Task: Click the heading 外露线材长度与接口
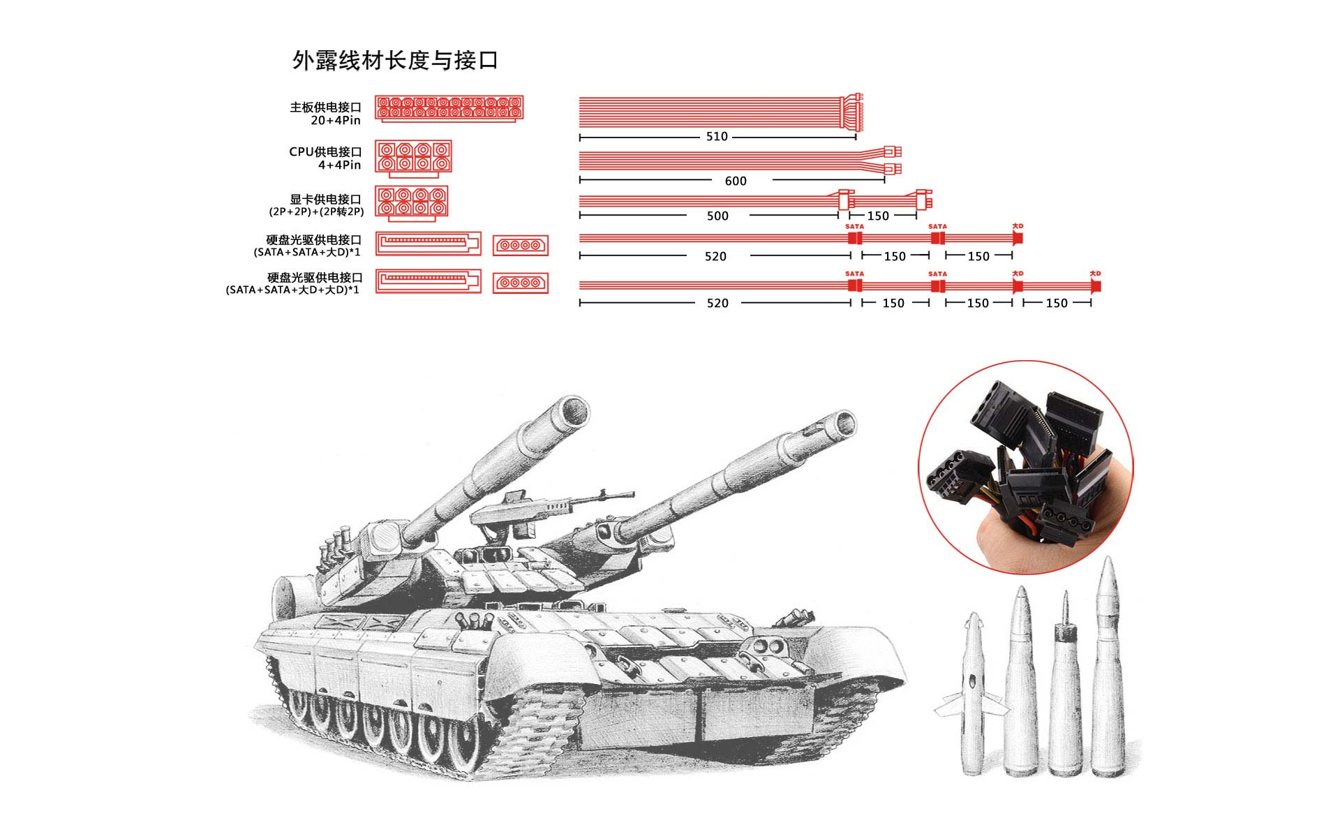click(x=395, y=61)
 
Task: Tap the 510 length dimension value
click(x=717, y=137)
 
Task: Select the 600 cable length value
click(x=736, y=181)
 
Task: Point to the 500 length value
click(x=717, y=216)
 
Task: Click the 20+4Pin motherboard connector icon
click(x=449, y=109)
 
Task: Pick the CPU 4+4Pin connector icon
click(x=413, y=157)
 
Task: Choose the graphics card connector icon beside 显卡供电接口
click(x=411, y=202)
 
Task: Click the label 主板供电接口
click(x=325, y=107)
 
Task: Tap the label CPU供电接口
click(x=325, y=152)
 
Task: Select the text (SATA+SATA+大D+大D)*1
click(x=292, y=290)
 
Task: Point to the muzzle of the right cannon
click(x=842, y=423)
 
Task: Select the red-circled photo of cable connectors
click(x=1025, y=468)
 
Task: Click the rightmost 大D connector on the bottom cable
click(x=1096, y=286)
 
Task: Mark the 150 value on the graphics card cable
click(x=878, y=216)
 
